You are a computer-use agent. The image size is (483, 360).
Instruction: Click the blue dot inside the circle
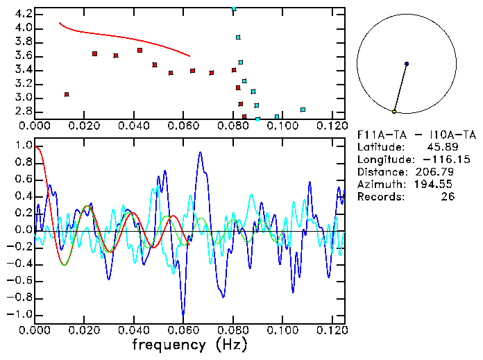coord(407,64)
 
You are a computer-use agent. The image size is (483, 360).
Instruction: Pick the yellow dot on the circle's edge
coord(394,111)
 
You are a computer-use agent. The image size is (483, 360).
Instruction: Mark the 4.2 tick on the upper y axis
coord(22,14)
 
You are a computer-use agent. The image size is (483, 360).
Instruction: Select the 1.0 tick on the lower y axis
coord(22,146)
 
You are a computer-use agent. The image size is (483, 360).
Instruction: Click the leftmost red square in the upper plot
coord(67,94)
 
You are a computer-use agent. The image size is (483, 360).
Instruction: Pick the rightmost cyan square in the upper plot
coord(303,110)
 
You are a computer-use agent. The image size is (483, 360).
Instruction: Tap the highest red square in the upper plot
coord(140,50)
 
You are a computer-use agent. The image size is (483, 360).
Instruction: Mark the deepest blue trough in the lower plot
coord(183,316)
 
